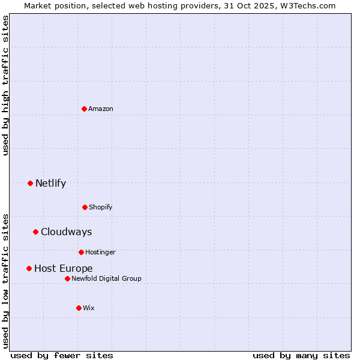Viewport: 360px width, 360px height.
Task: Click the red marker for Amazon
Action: [84, 109]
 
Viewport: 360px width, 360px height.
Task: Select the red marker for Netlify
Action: [30, 183]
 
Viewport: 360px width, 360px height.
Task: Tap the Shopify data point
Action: [85, 207]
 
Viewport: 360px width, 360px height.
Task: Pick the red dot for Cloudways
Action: [35, 232]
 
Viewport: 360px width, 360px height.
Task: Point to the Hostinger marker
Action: [81, 252]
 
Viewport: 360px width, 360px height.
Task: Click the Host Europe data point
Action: [29, 268]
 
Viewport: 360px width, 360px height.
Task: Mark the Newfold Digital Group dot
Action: [67, 278]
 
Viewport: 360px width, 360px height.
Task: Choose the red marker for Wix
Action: [79, 308]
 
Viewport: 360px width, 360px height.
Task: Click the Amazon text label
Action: [101, 109]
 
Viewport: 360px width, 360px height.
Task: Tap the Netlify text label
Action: [50, 183]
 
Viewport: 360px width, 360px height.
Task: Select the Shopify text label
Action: [101, 207]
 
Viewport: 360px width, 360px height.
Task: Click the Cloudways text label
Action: [66, 232]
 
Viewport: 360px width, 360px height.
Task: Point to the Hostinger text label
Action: [100, 252]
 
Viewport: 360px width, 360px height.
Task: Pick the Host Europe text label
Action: [63, 268]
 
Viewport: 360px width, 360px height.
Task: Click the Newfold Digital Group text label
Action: [106, 278]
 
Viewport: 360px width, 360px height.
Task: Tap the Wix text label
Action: [89, 308]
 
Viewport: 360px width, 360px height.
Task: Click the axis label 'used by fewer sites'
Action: [62, 355]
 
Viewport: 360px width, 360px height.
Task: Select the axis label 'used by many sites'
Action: [301, 355]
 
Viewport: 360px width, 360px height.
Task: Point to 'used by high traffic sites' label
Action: [5, 85]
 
